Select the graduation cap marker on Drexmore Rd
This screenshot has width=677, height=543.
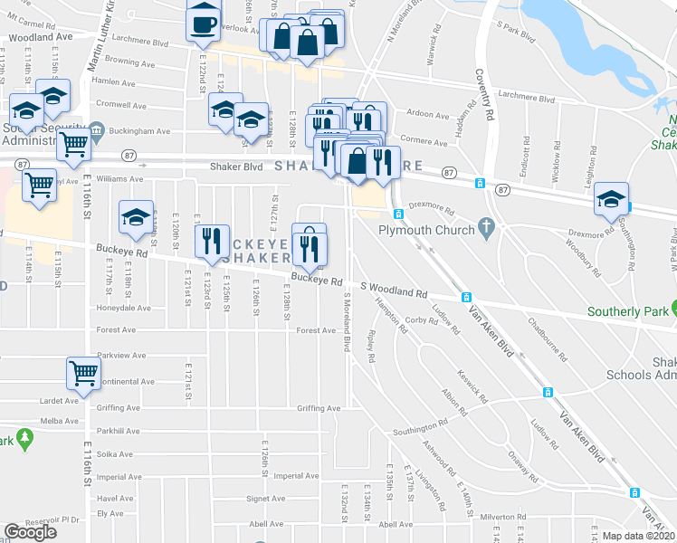pyautogui.click(x=612, y=200)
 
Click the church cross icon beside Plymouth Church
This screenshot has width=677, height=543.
pyautogui.click(x=487, y=230)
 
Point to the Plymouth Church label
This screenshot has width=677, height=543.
pyautogui.click(x=426, y=230)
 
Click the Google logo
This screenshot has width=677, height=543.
pyautogui.click(x=30, y=532)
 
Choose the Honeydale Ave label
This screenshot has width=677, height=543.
pyautogui.click(x=123, y=308)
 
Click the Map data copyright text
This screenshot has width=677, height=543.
pyautogui.click(x=639, y=536)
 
